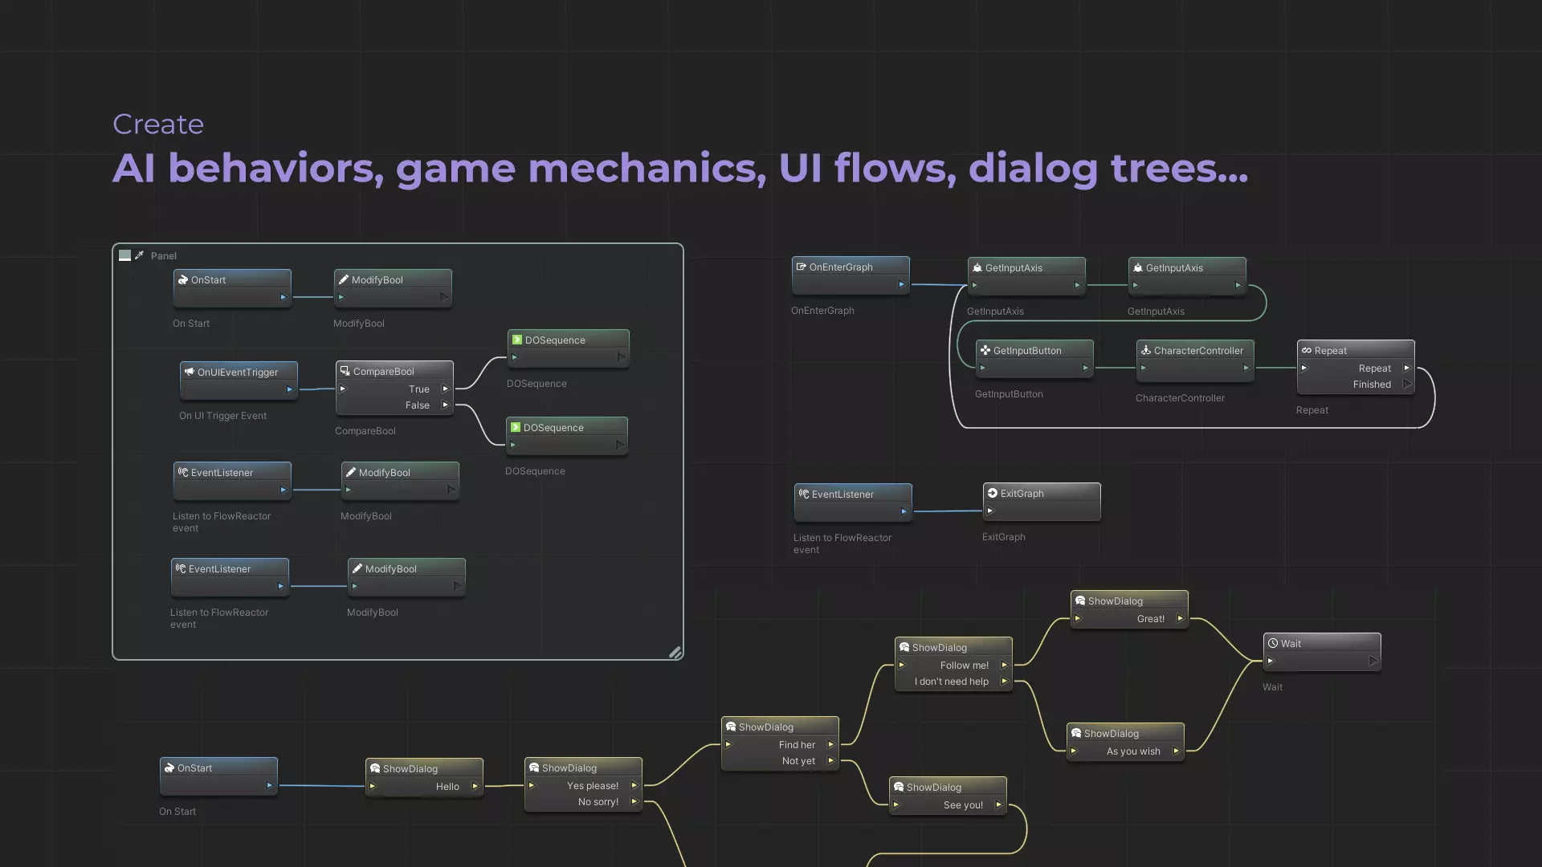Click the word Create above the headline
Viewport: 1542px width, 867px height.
tap(158, 124)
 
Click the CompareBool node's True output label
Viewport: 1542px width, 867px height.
tap(419, 389)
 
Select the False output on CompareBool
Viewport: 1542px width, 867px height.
tap(418, 405)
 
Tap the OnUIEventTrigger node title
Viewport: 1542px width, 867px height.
tap(238, 372)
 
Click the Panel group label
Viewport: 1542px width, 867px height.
tap(164, 256)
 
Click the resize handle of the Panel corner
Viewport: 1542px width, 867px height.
tap(675, 653)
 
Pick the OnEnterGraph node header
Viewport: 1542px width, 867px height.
tap(841, 267)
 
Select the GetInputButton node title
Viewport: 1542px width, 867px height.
tap(1027, 351)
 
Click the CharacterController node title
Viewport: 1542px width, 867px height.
tap(1198, 351)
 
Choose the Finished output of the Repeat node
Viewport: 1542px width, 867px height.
tap(1372, 385)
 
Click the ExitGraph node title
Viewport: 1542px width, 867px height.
tap(1022, 494)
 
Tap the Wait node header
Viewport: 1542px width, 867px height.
tap(1291, 644)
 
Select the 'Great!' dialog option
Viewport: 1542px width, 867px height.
tap(1151, 619)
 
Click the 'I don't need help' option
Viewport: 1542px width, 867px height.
tap(952, 682)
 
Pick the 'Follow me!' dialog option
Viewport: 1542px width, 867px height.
tap(965, 666)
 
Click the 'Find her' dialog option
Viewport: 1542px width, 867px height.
tap(797, 745)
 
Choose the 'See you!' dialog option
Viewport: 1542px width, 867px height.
tap(963, 805)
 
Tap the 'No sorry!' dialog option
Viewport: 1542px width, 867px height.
tap(598, 802)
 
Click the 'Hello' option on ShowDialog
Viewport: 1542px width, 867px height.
tap(447, 787)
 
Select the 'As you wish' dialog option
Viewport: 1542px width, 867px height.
tap(1133, 751)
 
